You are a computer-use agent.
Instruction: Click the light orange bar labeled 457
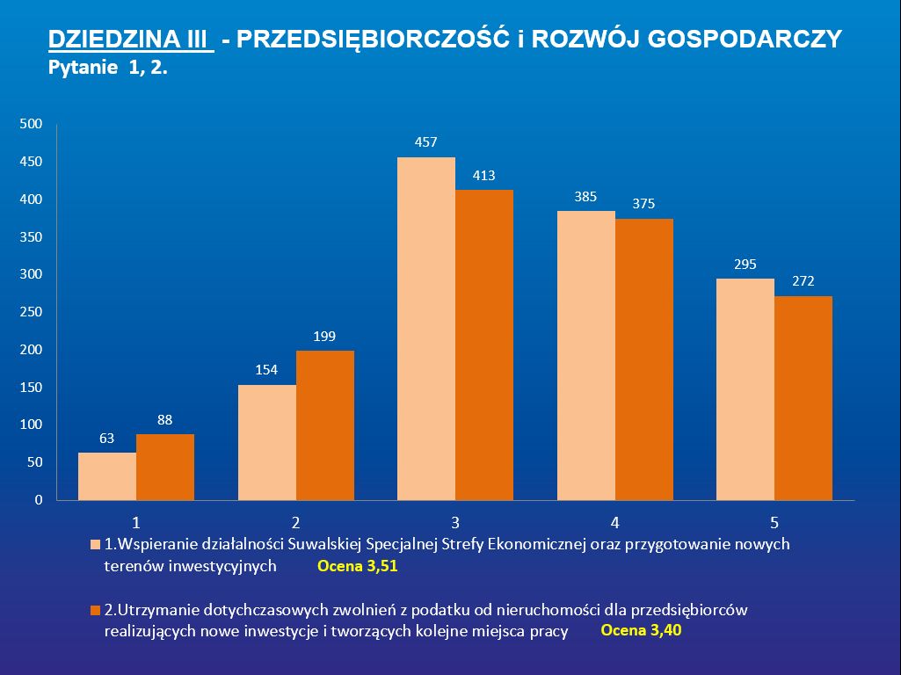coord(426,329)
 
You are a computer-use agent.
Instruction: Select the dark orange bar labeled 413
coord(484,345)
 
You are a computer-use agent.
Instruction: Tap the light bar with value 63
coord(107,476)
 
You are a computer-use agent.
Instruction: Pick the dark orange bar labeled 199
coord(325,425)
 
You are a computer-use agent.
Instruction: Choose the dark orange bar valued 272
coord(803,398)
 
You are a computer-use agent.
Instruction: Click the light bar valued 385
coord(586,355)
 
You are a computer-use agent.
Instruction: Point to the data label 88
coord(164,420)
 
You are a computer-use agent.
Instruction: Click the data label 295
coord(745,265)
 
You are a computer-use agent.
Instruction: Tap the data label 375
coord(643,205)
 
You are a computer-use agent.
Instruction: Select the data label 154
coord(266,370)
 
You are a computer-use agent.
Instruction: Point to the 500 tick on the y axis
coord(32,125)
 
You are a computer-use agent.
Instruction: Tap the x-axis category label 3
coord(455,519)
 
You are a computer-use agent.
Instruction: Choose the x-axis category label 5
coord(774,519)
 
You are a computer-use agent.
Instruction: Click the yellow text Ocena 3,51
coord(358,567)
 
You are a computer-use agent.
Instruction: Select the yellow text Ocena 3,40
coord(641,630)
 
